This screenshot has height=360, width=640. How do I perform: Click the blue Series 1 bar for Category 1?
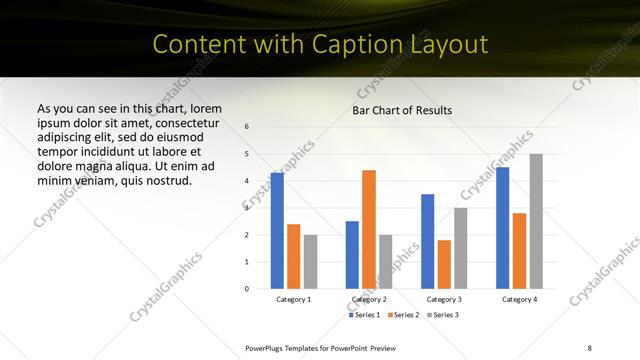277,231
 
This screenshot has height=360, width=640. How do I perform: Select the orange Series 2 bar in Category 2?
369,229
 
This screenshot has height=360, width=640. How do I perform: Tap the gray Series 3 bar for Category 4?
536,221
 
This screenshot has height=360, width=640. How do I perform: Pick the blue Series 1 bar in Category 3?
428,241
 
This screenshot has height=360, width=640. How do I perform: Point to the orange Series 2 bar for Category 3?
444,264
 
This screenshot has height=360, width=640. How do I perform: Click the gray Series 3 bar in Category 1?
310,262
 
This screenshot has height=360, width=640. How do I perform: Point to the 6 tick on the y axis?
247,127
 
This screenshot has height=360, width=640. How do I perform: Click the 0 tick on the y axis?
247,289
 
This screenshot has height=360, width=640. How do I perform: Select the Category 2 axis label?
369,299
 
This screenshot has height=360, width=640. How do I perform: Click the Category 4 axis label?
519,299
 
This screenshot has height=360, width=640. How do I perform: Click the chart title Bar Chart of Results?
402,110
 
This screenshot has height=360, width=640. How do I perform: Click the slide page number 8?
589,347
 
